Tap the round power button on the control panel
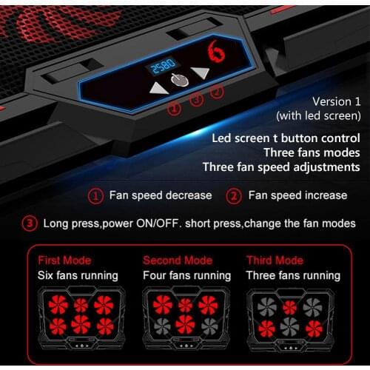[x=178, y=81]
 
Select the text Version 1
[x=336, y=101]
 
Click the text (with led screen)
[x=318, y=115]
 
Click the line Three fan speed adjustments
[x=281, y=166]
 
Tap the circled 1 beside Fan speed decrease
[x=95, y=196]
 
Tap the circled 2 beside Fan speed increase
[x=234, y=196]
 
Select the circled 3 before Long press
[x=30, y=223]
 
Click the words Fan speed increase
[x=297, y=195]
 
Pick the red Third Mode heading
[x=274, y=260]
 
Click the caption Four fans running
[x=186, y=275]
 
